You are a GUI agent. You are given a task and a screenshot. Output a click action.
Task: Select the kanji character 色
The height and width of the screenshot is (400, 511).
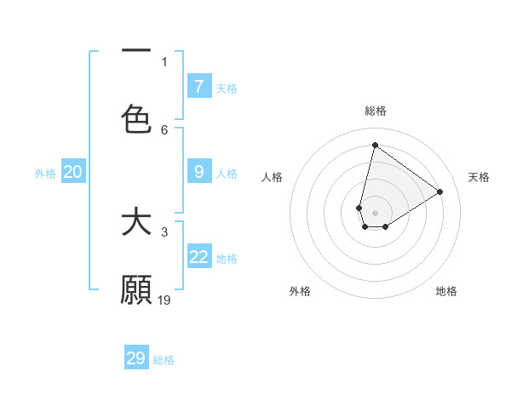coord(136,117)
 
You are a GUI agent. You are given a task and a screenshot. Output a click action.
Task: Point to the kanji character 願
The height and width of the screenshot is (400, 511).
coord(136,290)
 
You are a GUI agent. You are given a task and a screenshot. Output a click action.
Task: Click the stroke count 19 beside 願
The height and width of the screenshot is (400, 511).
coord(164,300)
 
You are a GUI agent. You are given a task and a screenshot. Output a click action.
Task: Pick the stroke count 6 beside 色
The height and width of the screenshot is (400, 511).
coord(164,129)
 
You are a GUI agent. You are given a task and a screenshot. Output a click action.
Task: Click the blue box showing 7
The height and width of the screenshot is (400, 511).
coord(199,87)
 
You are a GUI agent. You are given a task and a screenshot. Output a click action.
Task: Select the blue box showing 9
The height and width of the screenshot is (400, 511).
coord(199,172)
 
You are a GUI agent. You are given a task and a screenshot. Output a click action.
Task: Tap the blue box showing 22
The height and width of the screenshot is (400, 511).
coord(199,257)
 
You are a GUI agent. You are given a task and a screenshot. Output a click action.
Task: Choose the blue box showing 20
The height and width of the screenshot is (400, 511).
coord(73,172)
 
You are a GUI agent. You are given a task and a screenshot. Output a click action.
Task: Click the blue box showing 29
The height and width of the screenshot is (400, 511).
coord(136,358)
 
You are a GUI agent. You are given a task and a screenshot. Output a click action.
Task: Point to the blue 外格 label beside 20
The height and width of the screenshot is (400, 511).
coord(45,173)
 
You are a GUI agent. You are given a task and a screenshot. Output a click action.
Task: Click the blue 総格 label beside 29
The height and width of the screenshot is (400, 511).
coord(164,360)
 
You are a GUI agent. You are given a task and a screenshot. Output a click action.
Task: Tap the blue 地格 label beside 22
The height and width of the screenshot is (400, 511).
coord(227,258)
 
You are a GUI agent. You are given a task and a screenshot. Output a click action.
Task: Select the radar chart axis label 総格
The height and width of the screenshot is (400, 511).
coord(375,111)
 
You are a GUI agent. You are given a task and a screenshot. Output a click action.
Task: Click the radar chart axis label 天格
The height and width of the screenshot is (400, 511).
coord(479,177)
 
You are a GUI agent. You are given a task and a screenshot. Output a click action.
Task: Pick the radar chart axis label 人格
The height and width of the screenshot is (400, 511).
coord(273,177)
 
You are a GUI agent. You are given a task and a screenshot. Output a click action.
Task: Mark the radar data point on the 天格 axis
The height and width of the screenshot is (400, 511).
coord(440,191)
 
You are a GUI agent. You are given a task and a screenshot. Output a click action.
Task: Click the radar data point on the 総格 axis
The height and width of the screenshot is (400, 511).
coord(375,145)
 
